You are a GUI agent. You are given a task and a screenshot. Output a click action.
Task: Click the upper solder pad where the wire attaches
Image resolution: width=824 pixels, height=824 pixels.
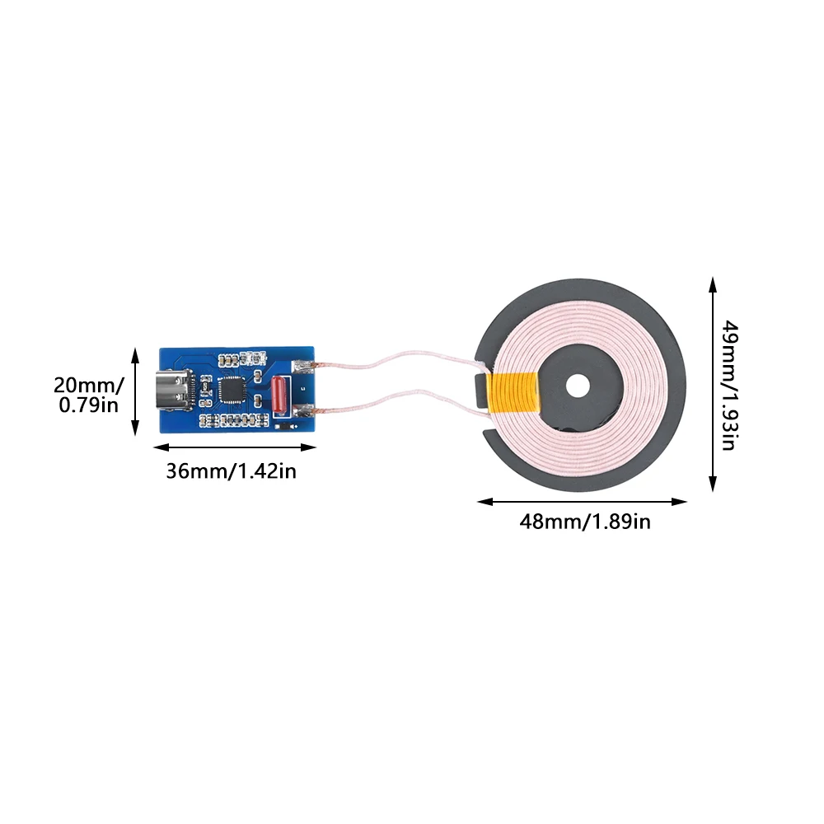coord(307,368)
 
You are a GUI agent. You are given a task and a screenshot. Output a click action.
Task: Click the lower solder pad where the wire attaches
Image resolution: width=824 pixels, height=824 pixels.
coord(306,410)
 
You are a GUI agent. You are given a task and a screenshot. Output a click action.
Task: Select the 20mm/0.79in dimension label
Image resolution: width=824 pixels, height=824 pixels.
coord(88,394)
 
